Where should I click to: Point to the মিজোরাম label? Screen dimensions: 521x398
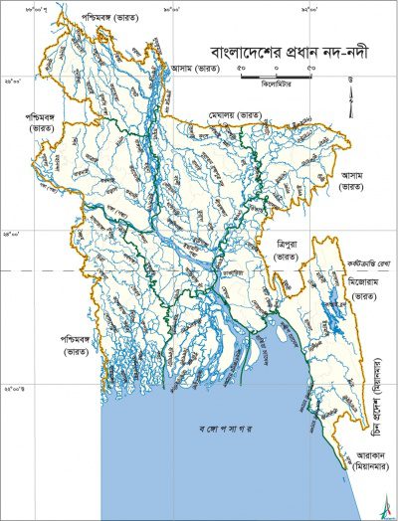356,282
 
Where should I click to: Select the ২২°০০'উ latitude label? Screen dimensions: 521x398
14,389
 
